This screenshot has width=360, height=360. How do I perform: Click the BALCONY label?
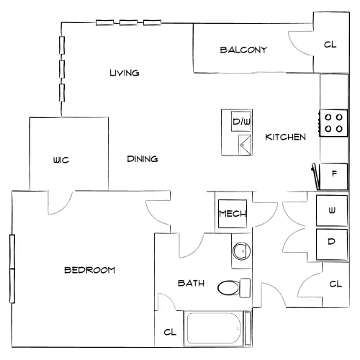point(243,50)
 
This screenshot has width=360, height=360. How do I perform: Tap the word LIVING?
point(125,73)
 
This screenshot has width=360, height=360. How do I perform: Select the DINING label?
point(143,158)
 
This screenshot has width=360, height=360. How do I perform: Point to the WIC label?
point(61,160)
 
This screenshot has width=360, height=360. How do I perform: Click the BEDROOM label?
point(89,270)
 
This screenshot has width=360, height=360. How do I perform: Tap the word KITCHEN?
point(285,137)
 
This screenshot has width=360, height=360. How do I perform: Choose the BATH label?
point(191,283)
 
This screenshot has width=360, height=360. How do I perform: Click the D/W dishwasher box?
point(241,121)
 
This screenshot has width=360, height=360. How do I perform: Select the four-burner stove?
point(333,123)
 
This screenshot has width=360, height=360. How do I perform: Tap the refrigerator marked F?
point(333,176)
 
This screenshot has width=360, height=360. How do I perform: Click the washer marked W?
point(332,210)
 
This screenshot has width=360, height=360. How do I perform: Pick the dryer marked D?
point(332,245)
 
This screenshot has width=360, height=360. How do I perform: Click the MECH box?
point(233,214)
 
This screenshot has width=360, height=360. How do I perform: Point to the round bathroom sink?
point(242,251)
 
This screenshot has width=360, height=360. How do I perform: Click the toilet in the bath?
point(234,288)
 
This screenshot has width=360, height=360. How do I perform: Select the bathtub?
point(214,328)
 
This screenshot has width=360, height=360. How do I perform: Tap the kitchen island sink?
point(245,145)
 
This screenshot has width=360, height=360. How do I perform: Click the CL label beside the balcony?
point(330,45)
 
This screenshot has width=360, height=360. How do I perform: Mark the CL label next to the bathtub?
point(170,332)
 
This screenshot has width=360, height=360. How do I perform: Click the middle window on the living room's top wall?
point(128,23)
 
